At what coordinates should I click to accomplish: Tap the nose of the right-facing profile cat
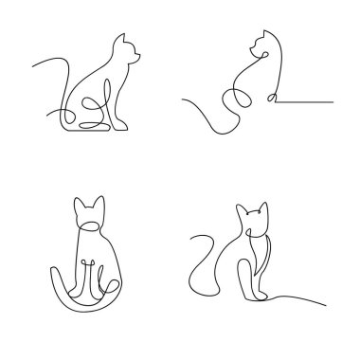coord(143,58)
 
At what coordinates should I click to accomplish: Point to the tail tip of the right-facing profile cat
coord(35,64)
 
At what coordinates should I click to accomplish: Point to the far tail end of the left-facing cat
coord(180,99)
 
